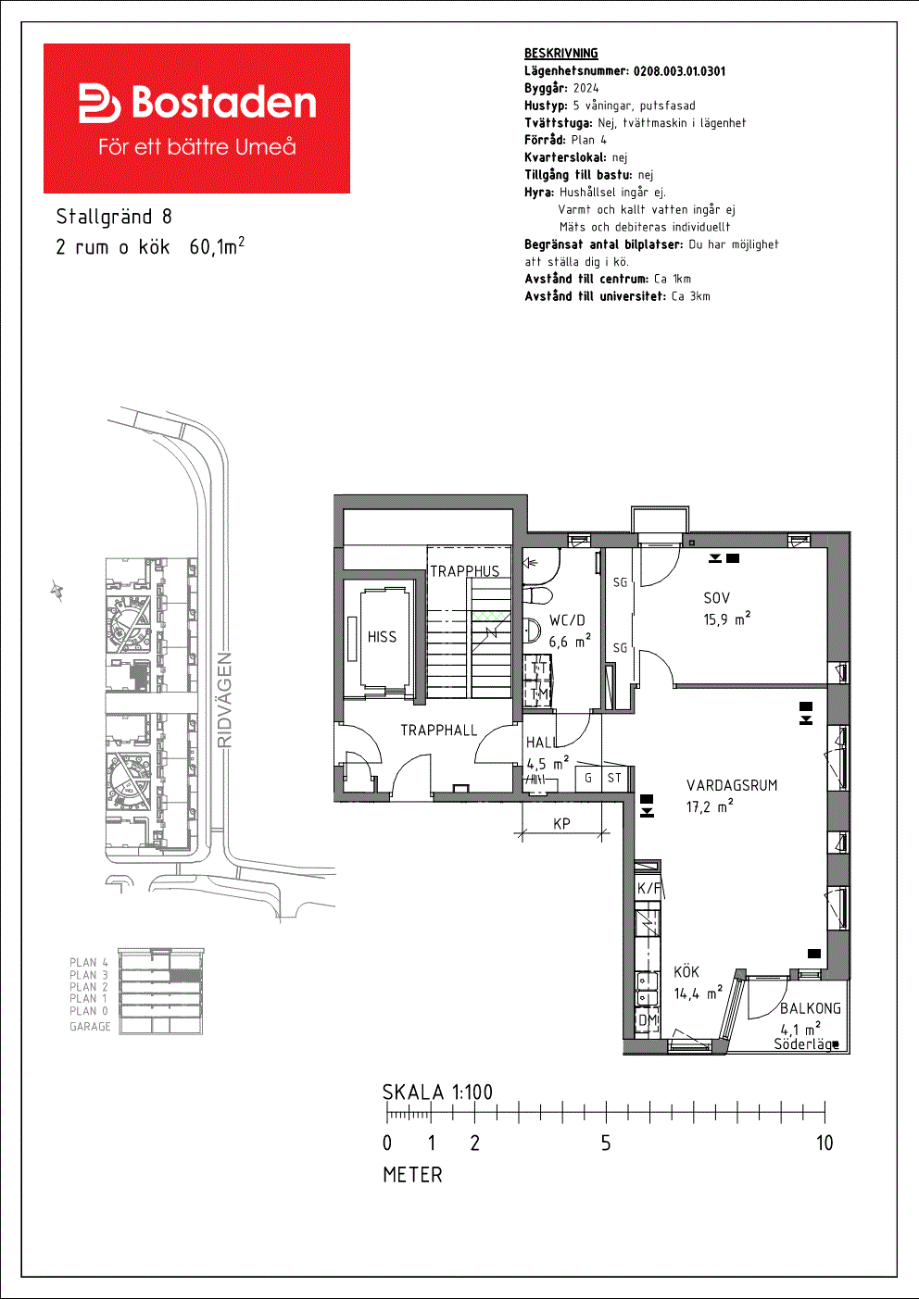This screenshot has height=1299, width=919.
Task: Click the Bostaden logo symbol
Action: pyautogui.click(x=99, y=103)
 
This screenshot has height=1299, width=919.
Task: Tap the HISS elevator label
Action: pyautogui.click(x=382, y=637)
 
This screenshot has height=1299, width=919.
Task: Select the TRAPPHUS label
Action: pyautogui.click(x=464, y=571)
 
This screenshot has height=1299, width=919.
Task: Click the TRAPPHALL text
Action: pyautogui.click(x=438, y=731)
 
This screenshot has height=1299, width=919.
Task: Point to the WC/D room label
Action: pyautogui.click(x=567, y=620)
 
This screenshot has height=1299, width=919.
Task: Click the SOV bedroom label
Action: pyautogui.click(x=716, y=598)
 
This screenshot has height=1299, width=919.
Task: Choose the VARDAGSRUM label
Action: pyautogui.click(x=732, y=785)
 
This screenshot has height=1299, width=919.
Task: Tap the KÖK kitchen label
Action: pyautogui.click(x=686, y=971)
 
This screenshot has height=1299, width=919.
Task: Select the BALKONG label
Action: pyautogui.click(x=810, y=1008)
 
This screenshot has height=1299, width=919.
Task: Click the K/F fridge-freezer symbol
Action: pyautogui.click(x=648, y=888)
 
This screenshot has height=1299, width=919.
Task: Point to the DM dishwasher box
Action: pyautogui.click(x=648, y=1019)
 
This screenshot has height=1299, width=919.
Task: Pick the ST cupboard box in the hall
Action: pyautogui.click(x=614, y=779)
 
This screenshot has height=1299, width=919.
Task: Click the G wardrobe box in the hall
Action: pyautogui.click(x=588, y=779)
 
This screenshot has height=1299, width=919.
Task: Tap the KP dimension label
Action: pyautogui.click(x=561, y=823)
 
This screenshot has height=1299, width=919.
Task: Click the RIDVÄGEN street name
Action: pyautogui.click(x=224, y=700)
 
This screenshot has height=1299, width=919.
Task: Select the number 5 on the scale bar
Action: pyautogui.click(x=606, y=1143)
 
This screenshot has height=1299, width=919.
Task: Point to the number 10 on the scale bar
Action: pyautogui.click(x=825, y=1143)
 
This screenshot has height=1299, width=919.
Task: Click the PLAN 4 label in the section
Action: pyautogui.click(x=89, y=963)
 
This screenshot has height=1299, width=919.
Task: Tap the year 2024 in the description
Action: pyautogui.click(x=586, y=88)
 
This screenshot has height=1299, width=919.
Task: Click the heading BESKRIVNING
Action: pyautogui.click(x=561, y=54)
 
